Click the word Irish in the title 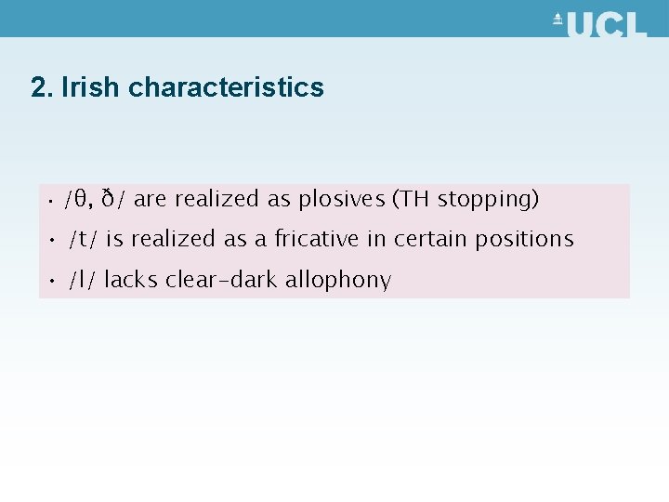(91, 87)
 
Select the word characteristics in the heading (226, 87)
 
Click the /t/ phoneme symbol (83, 239)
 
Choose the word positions (524, 240)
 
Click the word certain (430, 239)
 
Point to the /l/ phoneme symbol (81, 280)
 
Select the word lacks (131, 280)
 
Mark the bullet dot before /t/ (53, 240)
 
